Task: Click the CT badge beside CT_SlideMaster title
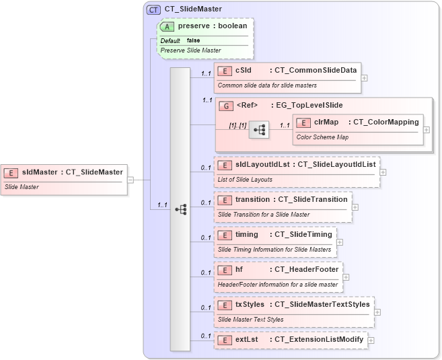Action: click(153, 9)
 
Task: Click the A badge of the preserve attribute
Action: click(168, 26)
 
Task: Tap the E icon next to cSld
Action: click(225, 70)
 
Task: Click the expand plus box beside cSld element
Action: click(364, 77)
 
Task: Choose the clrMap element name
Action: click(326, 122)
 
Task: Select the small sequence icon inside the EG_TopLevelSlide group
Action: click(259, 131)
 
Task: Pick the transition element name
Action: click(254, 200)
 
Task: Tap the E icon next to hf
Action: click(225, 270)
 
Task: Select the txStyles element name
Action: click(250, 305)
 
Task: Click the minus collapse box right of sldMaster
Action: click(131, 180)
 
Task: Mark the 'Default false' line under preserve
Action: click(180, 40)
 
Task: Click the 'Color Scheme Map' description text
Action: click(322, 137)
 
